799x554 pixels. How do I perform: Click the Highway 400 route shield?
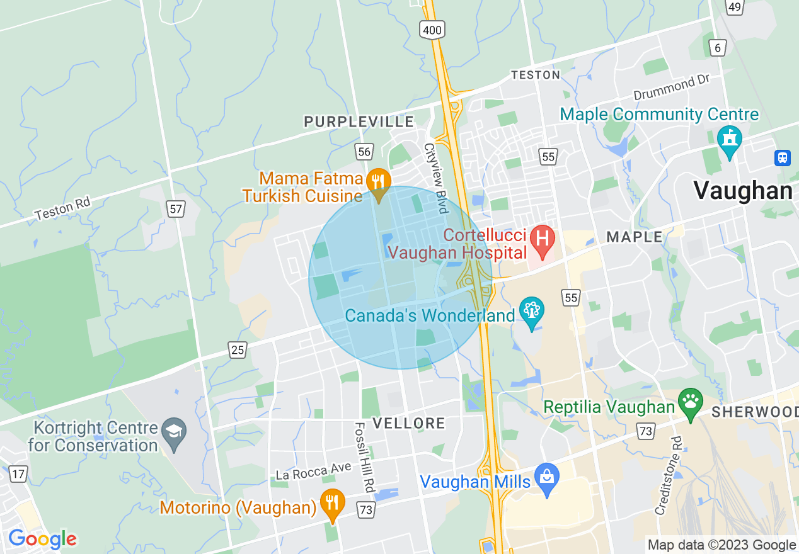pyautogui.click(x=434, y=28)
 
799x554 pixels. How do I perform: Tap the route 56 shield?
pyautogui.click(x=364, y=151)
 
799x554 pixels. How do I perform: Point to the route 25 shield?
pyautogui.click(x=238, y=349)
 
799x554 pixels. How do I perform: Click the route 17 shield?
pyautogui.click(x=19, y=474)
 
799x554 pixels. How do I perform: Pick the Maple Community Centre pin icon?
pyautogui.click(x=730, y=139)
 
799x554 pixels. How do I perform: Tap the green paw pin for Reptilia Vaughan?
pyautogui.click(x=691, y=401)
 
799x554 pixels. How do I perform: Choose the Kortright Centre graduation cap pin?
pyautogui.click(x=173, y=432)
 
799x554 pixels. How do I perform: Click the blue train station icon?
pyautogui.click(x=783, y=157)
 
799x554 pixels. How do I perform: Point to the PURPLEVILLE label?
pyautogui.click(x=359, y=122)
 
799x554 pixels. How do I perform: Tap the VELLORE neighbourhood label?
pyautogui.click(x=408, y=423)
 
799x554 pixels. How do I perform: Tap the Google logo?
pyautogui.click(x=42, y=539)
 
